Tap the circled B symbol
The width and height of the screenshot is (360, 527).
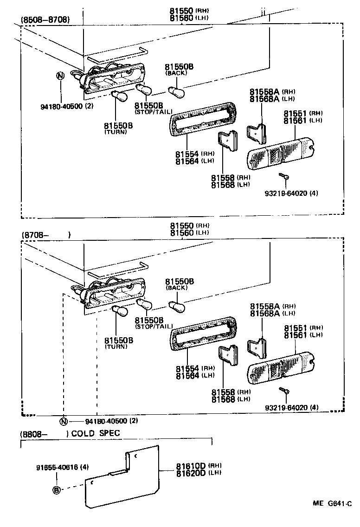57,489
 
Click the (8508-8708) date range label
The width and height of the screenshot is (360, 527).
45,19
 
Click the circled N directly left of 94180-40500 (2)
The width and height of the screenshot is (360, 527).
64,421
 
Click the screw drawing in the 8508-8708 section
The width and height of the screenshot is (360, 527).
284,176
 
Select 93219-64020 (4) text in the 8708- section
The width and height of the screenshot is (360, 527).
292,408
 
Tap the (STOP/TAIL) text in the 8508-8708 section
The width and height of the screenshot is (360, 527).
153,112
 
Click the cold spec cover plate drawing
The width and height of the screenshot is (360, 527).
123,478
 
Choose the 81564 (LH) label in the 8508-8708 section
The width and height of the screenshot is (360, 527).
194,161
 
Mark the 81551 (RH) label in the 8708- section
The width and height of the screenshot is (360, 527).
303,328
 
